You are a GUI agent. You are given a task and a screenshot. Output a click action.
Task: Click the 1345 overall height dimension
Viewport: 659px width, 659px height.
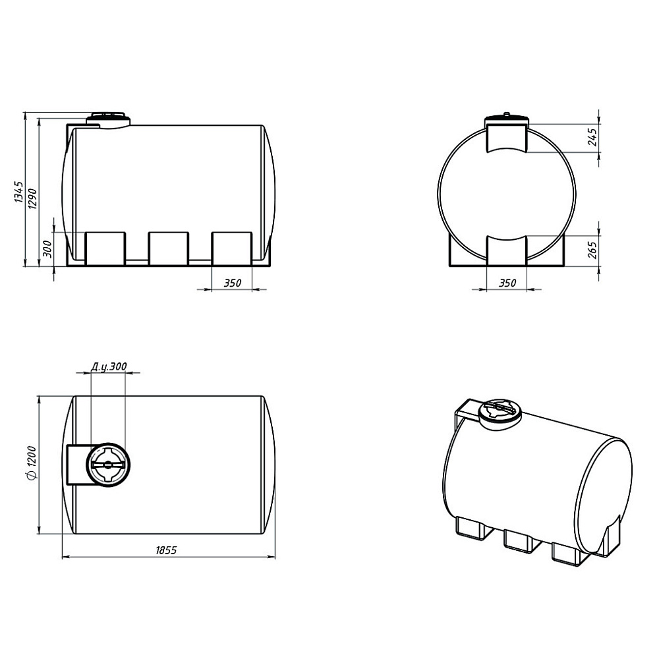[x=19, y=192]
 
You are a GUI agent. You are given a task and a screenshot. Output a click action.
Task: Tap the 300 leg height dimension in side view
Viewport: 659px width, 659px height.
[x=47, y=248]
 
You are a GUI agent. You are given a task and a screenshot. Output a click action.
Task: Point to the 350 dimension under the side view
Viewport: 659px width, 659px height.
[x=232, y=283]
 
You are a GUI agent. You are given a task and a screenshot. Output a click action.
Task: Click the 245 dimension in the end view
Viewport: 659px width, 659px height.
[x=592, y=137]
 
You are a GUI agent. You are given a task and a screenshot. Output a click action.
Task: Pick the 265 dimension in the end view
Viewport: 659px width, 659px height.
[x=592, y=250]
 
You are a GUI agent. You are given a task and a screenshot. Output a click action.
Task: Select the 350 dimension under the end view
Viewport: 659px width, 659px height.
[x=507, y=283]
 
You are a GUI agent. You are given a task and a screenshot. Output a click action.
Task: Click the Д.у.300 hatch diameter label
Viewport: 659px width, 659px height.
[x=109, y=367]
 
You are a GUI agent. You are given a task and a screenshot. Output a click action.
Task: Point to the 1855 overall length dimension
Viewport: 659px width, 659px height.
[x=167, y=550]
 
